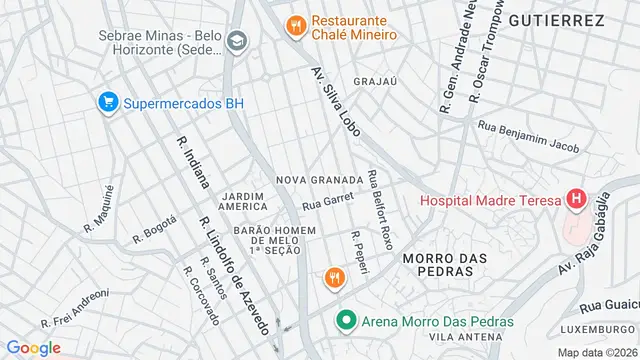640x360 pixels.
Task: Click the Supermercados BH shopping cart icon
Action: pyautogui.click(x=107, y=102)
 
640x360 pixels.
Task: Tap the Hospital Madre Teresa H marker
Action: pyautogui.click(x=577, y=199)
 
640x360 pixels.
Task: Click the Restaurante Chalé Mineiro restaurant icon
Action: pyautogui.click(x=295, y=26)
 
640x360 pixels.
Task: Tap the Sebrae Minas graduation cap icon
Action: pyautogui.click(x=236, y=42)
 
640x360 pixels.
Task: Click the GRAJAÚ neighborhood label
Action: pyautogui.click(x=376, y=81)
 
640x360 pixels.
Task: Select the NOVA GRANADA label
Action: pyautogui.click(x=320, y=180)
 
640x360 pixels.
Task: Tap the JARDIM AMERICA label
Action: pyautogui.click(x=243, y=200)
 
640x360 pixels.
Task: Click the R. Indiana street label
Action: pyautogui.click(x=193, y=162)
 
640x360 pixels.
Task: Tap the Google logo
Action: pyautogui.click(x=33, y=347)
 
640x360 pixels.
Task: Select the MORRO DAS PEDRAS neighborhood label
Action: pyautogui.click(x=444, y=264)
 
